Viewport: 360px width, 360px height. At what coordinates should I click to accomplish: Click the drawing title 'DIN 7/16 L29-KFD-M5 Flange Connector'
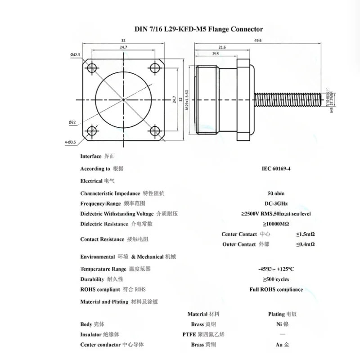click(x=199, y=29)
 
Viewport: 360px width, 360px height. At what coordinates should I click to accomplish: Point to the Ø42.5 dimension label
click(x=75, y=54)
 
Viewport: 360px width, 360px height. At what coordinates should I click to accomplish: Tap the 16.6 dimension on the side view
click(x=215, y=53)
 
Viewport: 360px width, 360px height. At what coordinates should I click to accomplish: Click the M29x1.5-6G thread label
click(x=185, y=99)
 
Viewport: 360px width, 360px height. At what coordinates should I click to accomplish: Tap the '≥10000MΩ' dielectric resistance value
click(x=276, y=224)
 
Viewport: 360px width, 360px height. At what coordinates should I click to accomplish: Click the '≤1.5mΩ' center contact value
click(x=305, y=234)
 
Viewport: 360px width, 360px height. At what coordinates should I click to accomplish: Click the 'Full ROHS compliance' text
click(x=276, y=289)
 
